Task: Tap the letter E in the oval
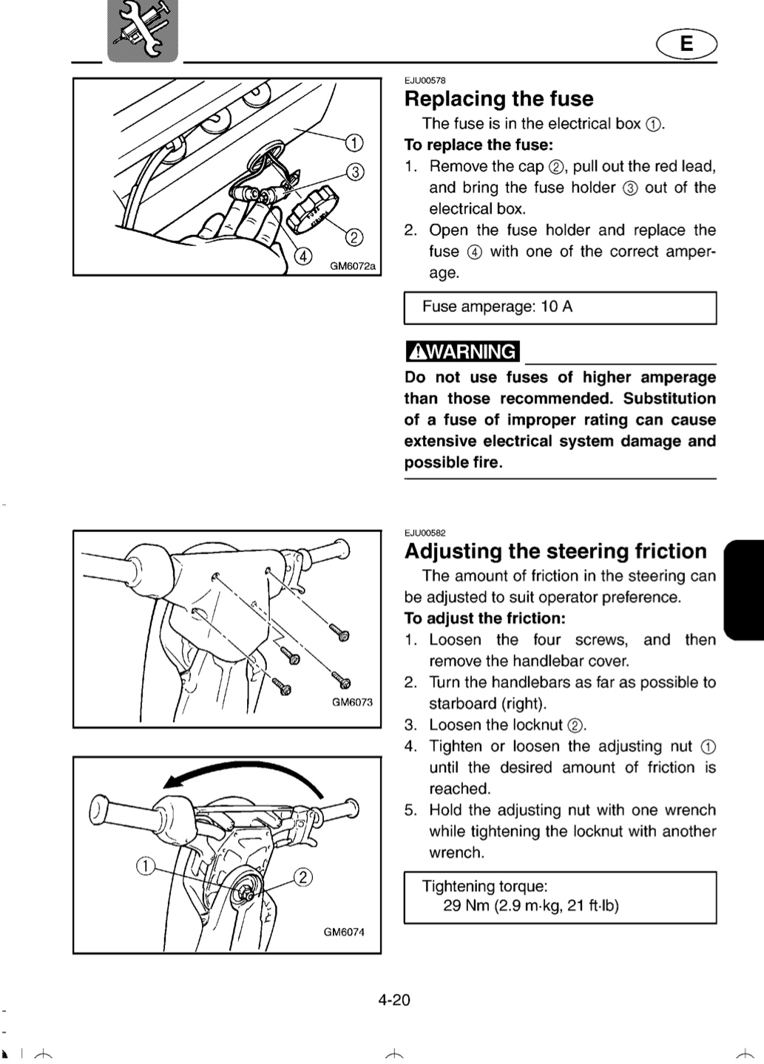(x=686, y=44)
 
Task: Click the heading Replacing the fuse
(x=498, y=99)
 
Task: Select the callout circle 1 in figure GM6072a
(x=354, y=143)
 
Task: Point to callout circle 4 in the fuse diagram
(x=303, y=256)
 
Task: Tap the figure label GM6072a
(x=353, y=266)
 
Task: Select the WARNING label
(x=462, y=352)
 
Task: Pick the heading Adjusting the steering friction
(x=555, y=551)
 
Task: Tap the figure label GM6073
(x=352, y=702)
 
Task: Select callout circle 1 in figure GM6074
(x=146, y=865)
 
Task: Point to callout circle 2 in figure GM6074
(x=303, y=877)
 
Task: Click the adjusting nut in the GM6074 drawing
(x=247, y=894)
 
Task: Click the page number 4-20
(x=394, y=1000)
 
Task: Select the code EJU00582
(x=425, y=533)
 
